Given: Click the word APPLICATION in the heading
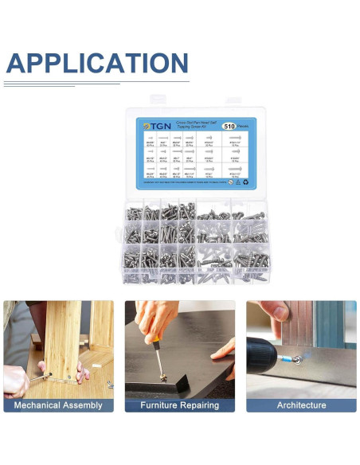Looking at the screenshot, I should point(97,63).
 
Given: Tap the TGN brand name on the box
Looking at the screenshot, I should point(155,127).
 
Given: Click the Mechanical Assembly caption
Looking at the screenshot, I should point(58,405).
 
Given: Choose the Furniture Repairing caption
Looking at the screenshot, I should point(179,405).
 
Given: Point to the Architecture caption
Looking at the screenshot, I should point(301,405).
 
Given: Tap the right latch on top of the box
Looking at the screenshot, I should point(233,100).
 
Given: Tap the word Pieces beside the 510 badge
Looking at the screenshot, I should point(246,126).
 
